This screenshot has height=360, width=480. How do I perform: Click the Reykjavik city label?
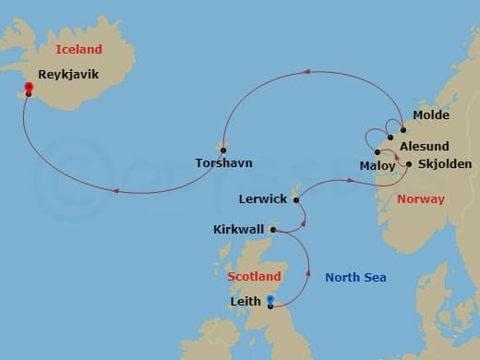(68, 75)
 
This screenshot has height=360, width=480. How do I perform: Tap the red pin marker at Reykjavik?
(29, 89)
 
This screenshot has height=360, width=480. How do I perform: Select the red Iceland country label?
(78, 49)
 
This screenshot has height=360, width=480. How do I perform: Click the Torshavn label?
(223, 163)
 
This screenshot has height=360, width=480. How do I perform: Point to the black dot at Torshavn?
(223, 150)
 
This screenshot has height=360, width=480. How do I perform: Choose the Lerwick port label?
(262, 198)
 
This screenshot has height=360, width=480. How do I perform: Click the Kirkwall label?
(237, 229)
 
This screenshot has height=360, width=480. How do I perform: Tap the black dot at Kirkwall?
(272, 230)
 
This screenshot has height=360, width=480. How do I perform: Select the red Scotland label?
(254, 276)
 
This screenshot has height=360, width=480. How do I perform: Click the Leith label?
(244, 301)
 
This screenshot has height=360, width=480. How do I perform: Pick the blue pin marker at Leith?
(270, 300)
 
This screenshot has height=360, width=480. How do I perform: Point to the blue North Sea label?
(355, 277)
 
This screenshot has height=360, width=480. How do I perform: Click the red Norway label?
(420, 198)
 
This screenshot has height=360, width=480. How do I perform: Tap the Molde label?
(431, 115)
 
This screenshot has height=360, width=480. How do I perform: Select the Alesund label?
(424, 147)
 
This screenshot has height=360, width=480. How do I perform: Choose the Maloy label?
(377, 165)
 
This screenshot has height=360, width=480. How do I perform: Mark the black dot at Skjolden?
(409, 164)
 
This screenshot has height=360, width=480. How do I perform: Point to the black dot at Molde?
(403, 129)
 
